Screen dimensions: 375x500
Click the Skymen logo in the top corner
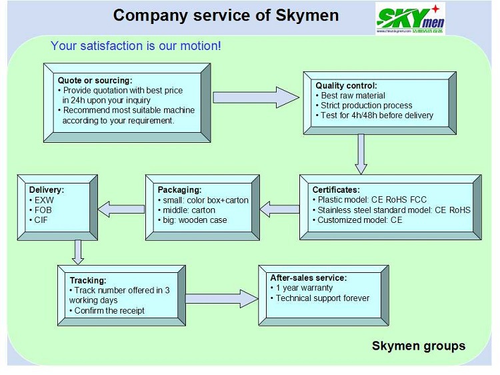(x=409, y=19)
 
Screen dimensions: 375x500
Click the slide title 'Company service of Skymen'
(x=225, y=15)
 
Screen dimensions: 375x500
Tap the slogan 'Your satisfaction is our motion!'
(x=135, y=46)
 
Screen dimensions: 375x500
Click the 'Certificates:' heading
(x=335, y=190)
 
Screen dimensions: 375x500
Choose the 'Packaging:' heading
(x=179, y=190)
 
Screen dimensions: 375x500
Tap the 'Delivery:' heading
(x=47, y=190)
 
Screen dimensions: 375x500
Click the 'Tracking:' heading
(x=88, y=280)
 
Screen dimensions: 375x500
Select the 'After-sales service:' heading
(x=308, y=278)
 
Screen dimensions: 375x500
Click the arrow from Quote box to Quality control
(x=256, y=97)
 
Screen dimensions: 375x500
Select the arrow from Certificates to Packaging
(x=279, y=210)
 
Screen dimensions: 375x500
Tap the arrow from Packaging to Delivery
(x=121, y=209)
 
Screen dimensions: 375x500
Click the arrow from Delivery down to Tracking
(x=79, y=251)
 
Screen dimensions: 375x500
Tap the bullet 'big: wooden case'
(x=193, y=220)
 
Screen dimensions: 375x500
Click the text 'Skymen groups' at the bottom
(x=418, y=346)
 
